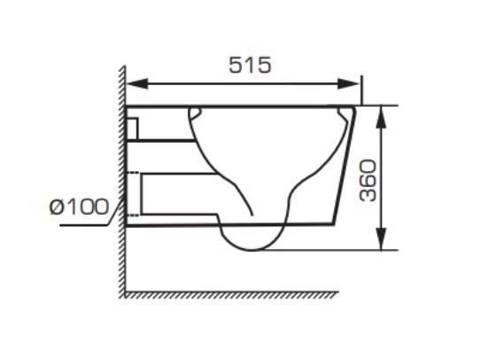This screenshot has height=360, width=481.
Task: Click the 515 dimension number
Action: click(250, 65)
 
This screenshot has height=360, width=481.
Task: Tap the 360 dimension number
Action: click(368, 180)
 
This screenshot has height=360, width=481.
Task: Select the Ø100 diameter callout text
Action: click(79, 207)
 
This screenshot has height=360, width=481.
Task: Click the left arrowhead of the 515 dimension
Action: click(137, 83)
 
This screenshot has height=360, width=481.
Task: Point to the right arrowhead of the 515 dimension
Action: click(348, 83)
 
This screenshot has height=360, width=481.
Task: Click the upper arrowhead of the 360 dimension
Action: click(381, 117)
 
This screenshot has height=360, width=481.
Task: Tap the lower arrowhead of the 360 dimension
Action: click(381, 239)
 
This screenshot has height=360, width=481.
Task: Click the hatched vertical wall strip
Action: click(122, 181)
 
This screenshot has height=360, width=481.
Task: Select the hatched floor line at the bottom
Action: click(231, 294)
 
